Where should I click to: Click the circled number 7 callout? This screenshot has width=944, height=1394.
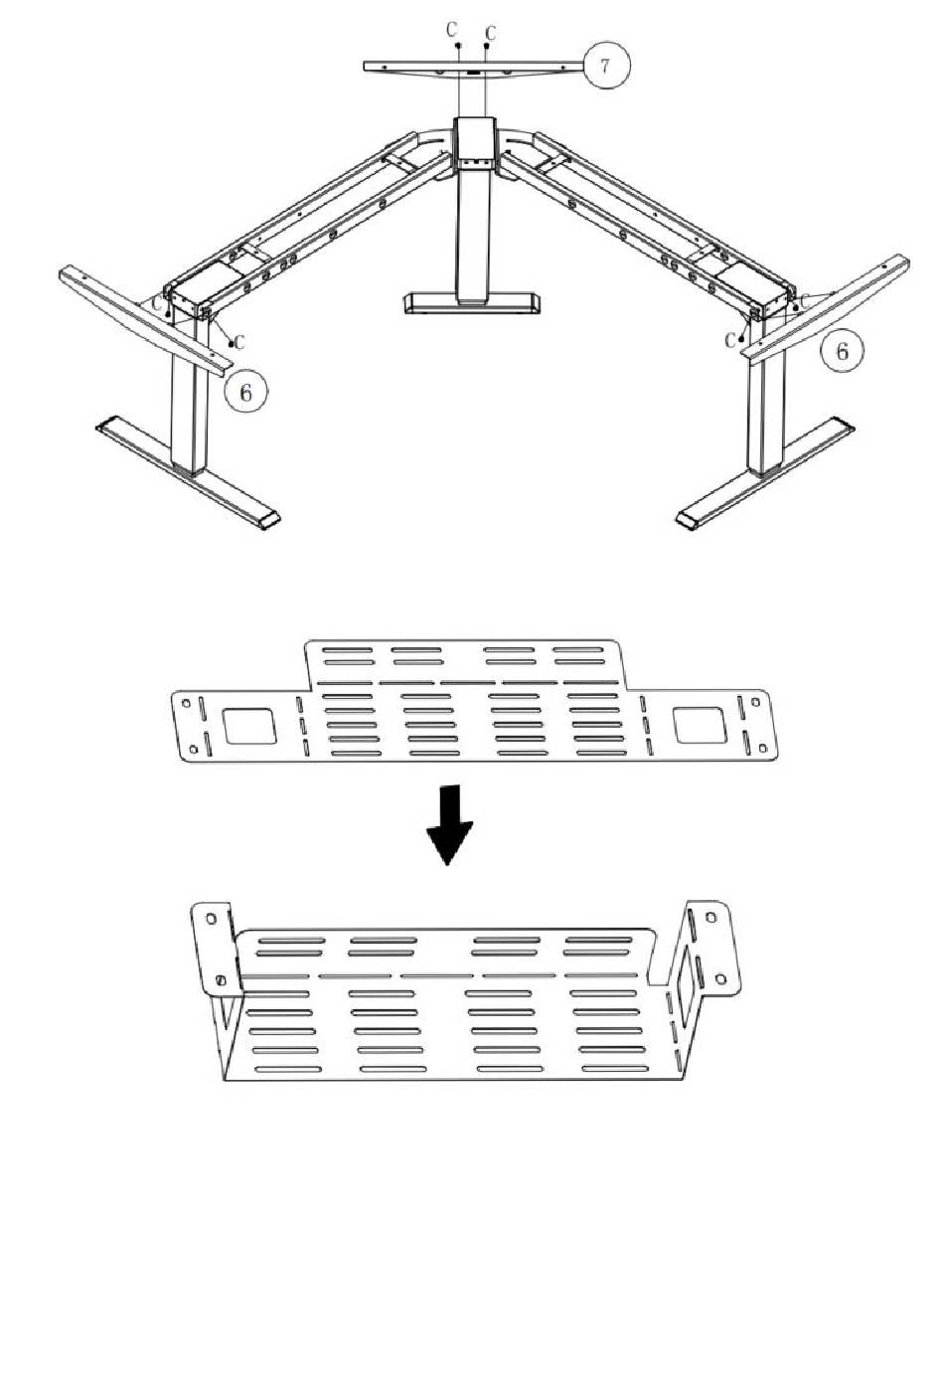pos(606,65)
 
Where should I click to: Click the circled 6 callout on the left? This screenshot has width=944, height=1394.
pos(246,392)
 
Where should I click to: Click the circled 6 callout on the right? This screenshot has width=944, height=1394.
pos(842,351)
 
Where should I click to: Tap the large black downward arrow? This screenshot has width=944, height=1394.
pos(449,824)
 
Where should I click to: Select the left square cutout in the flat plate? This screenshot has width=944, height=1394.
pos(249,725)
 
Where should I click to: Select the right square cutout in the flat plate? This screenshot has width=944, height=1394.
pos(700,725)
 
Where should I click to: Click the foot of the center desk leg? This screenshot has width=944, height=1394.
pos(472,303)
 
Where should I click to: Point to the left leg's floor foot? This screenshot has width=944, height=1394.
pos(189,471)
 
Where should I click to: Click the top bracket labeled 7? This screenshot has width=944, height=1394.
pos(474,68)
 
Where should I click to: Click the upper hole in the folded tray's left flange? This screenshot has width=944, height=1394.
pos(211,918)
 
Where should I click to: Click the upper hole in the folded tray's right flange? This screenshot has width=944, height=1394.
pos(710,917)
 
